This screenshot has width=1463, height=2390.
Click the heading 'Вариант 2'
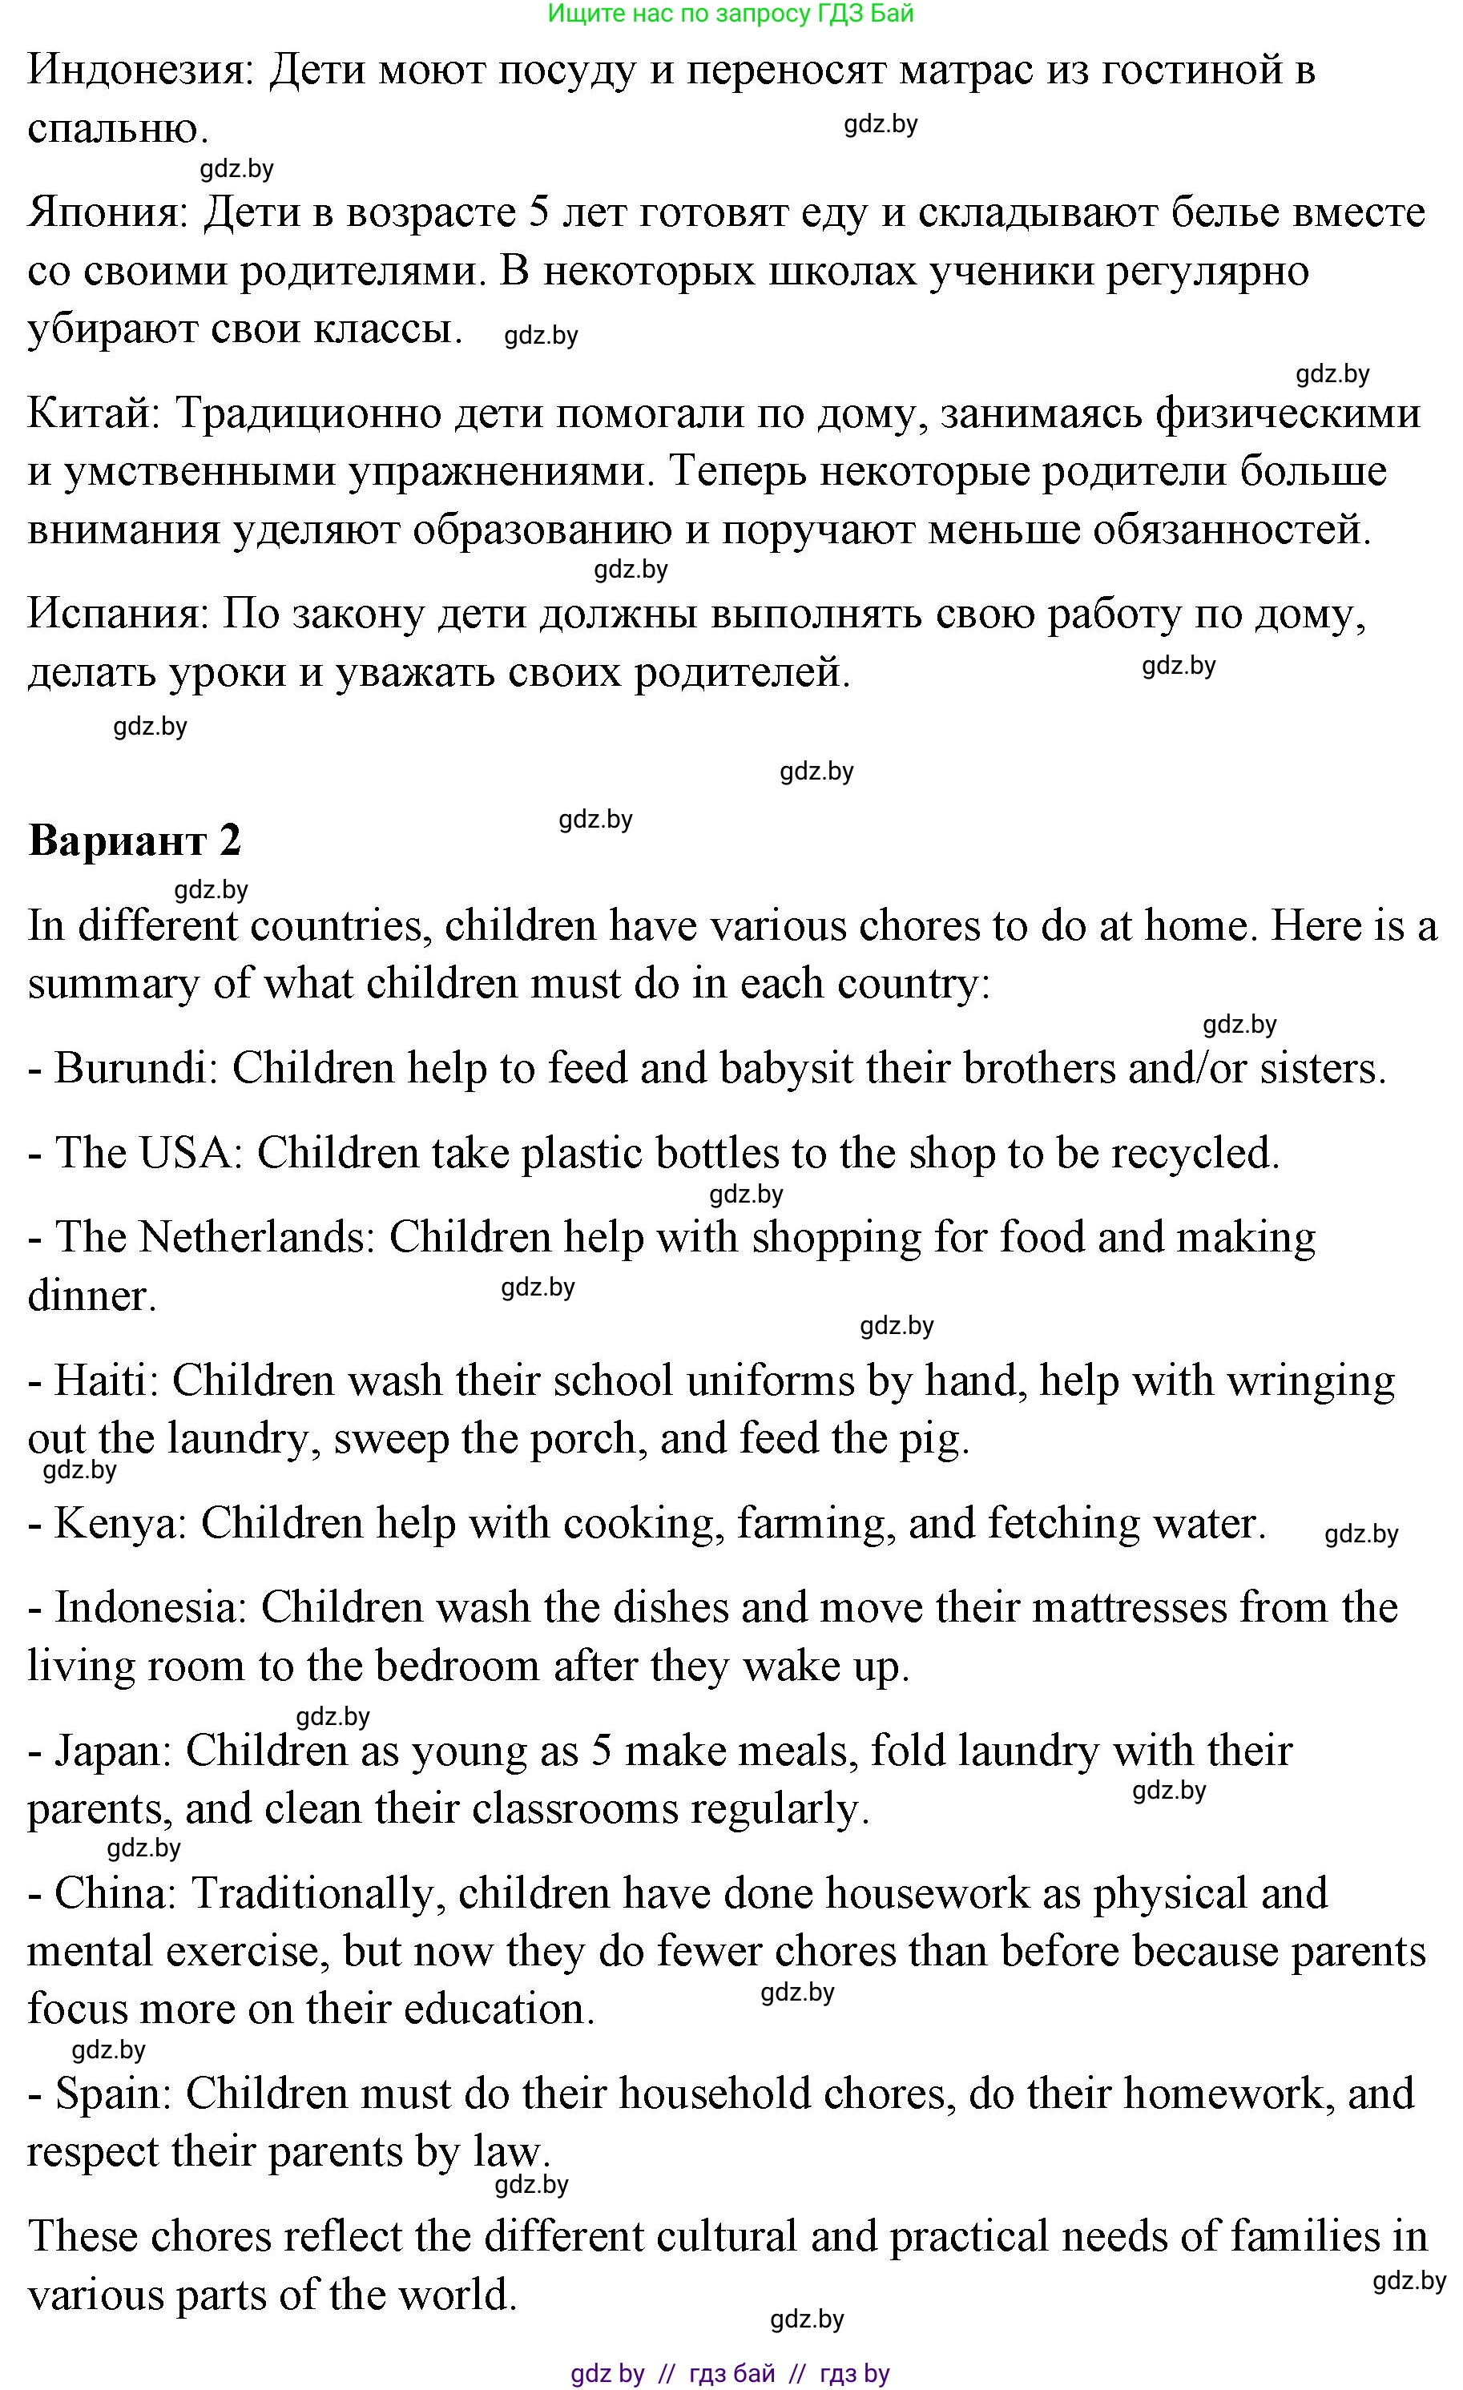pos(135,840)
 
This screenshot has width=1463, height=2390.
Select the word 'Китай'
pos(93,413)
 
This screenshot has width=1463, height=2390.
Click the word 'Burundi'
pos(136,1068)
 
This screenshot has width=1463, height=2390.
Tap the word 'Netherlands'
pos(257,1238)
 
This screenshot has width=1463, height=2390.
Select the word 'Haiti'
pos(106,1380)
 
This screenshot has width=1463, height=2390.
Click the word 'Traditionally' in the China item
pos(313,1893)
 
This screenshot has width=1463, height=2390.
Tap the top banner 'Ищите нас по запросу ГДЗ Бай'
pos(731,14)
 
